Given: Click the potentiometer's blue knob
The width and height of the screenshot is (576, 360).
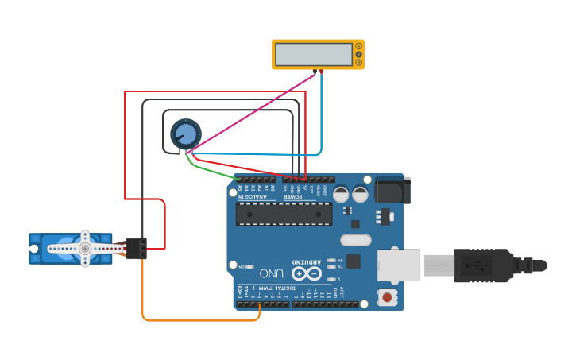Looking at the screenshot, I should click(185, 133).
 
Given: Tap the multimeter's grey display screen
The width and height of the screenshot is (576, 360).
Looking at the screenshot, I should click(313, 54).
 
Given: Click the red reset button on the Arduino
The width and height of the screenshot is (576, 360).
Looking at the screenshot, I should click(387, 298).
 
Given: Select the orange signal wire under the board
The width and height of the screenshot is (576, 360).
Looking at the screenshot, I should click(199, 320).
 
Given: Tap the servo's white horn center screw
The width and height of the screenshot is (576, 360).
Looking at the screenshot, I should click(85, 249).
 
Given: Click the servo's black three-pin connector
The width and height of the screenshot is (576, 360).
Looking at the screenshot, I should click(136, 249).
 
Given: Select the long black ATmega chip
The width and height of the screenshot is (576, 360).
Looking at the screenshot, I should click(284, 214).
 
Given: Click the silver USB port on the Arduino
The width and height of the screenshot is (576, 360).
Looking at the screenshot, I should click(398, 265).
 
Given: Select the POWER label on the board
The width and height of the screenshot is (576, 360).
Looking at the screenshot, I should click(293, 196).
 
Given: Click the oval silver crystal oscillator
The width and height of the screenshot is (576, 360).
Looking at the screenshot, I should click(355, 240).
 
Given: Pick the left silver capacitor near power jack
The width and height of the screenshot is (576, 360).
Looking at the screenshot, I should click(341, 194).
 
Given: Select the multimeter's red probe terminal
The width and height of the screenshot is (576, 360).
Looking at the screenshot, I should click(321, 72).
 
